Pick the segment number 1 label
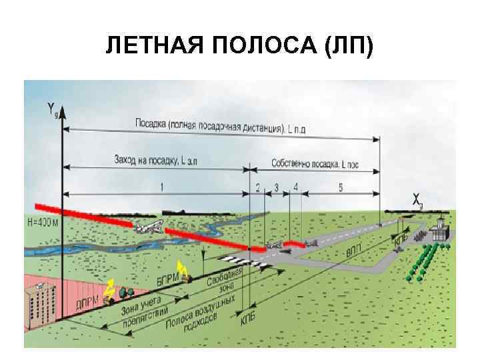(x=161, y=187)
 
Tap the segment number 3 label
(x=276, y=188)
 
